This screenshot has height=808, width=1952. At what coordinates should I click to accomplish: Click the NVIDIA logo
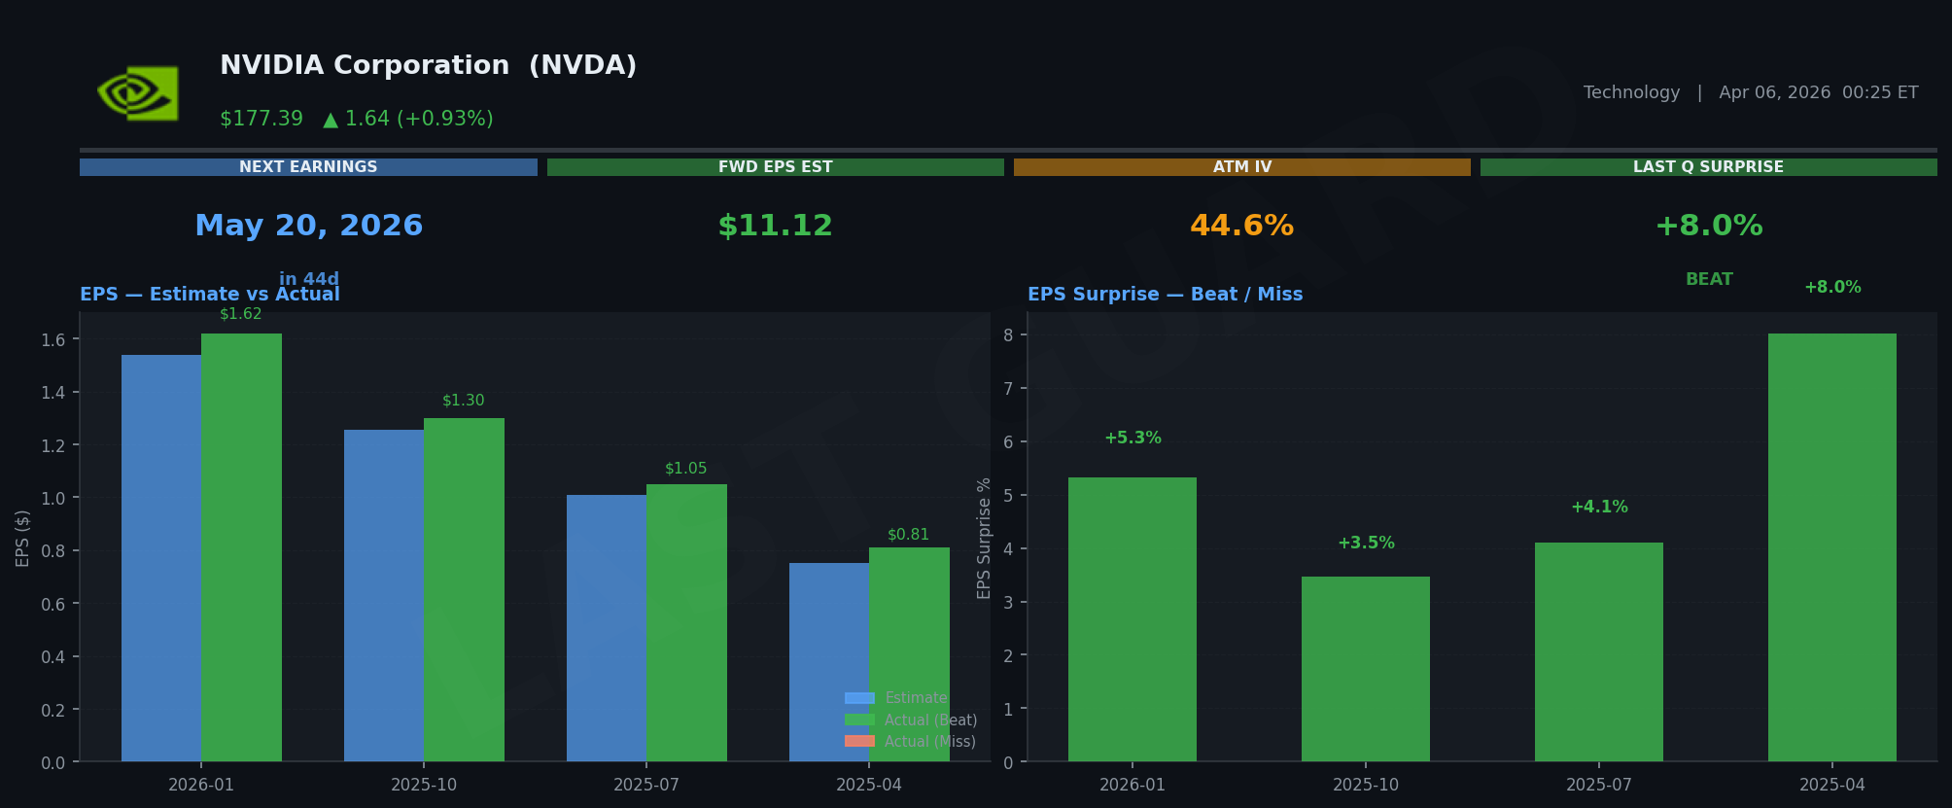coord(138,93)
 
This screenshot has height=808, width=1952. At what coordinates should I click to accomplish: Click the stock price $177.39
coord(261,119)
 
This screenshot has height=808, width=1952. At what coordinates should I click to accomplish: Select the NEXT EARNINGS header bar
coord(308,167)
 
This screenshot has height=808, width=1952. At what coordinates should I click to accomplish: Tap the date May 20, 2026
coord(309,226)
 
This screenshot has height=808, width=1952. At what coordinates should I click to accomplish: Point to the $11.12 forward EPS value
coord(775,226)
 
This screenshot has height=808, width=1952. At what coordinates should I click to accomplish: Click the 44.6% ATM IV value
coord(1241,226)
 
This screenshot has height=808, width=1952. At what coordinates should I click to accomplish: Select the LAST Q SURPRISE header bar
coord(1708,167)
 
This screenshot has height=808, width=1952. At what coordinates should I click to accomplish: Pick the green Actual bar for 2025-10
coord(464,589)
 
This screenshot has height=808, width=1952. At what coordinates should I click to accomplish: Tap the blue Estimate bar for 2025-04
coord(829,661)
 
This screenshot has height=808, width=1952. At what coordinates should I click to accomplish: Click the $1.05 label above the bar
coord(685,469)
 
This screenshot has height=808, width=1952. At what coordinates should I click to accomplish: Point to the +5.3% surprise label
coord(1133,439)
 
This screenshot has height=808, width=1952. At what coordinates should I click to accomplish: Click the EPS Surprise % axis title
coord(984,538)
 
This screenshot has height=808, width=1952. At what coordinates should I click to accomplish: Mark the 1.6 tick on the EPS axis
coord(53,339)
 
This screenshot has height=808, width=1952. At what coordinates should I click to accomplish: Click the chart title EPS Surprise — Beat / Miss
coord(1165,295)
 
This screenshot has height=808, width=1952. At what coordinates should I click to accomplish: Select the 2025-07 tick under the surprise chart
coord(1598,785)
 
